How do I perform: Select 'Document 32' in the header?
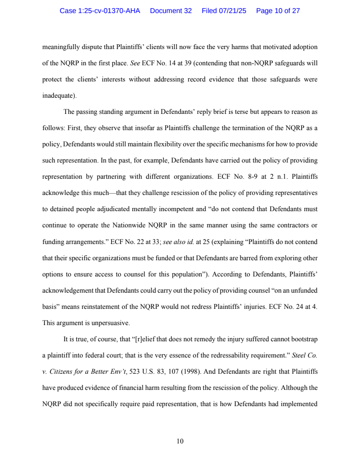click(171, 11)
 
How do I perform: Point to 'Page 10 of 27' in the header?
click(278, 11)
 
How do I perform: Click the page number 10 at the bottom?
click(180, 441)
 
